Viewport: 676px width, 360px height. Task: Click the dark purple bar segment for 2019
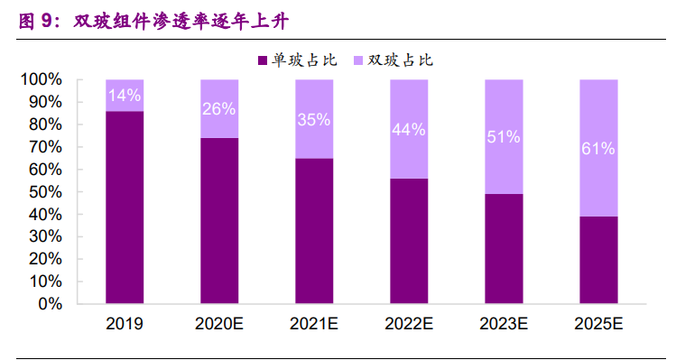click(x=125, y=208)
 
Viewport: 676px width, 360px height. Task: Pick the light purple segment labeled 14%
click(x=125, y=95)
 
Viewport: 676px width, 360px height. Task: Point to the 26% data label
click(x=219, y=109)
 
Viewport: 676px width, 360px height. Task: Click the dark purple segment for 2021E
click(x=313, y=231)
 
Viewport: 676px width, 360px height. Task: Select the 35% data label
click(x=313, y=119)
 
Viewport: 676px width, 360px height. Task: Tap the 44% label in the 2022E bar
click(x=408, y=129)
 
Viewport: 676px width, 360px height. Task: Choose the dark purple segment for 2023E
click(x=503, y=249)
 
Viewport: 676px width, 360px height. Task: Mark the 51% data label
click(x=503, y=137)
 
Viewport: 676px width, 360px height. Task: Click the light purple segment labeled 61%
click(x=597, y=148)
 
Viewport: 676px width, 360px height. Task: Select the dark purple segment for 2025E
click(x=597, y=260)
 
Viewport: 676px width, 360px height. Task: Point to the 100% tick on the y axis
click(x=42, y=79)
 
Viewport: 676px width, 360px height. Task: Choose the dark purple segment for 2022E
click(x=408, y=241)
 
